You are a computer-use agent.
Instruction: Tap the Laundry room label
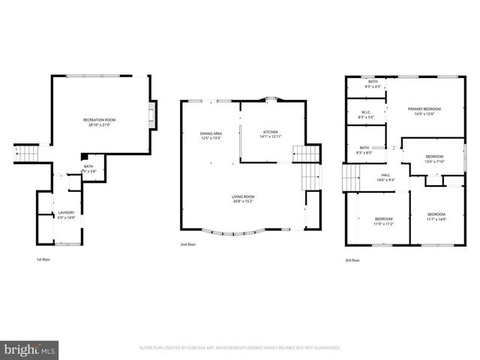point(66,215)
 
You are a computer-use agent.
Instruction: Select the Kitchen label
point(269,133)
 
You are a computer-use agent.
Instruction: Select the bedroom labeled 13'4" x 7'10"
point(435,159)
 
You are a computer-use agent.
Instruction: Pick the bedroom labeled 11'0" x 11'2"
point(384,220)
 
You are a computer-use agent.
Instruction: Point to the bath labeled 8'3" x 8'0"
point(364,150)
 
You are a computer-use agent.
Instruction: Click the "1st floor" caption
point(43,259)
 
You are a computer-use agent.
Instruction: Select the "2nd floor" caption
point(187,244)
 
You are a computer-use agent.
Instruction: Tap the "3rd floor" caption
point(352,260)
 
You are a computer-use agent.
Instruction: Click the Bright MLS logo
point(30,349)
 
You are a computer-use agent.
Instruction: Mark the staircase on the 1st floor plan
point(26,154)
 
